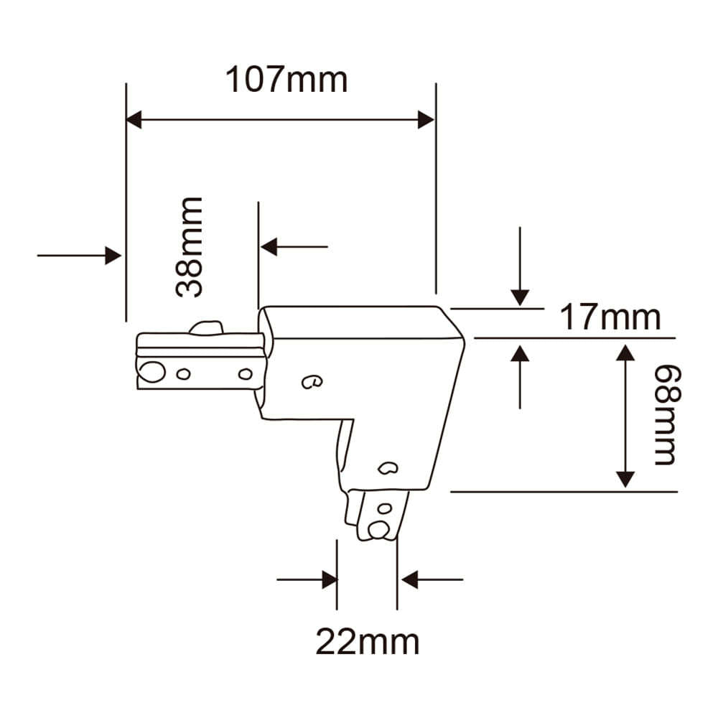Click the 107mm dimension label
(x=286, y=80)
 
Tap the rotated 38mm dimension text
(x=190, y=247)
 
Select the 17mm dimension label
(x=610, y=317)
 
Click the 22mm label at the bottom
(x=367, y=641)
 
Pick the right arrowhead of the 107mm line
(x=426, y=120)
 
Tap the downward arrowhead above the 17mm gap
(x=520, y=297)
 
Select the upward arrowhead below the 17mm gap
(x=520, y=353)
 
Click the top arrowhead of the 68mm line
(x=626, y=353)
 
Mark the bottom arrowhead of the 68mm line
(x=626, y=479)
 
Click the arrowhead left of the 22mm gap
(x=330, y=579)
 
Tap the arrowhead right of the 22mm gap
(x=409, y=579)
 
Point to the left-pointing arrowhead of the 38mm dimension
(x=269, y=247)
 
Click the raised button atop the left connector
(x=206, y=329)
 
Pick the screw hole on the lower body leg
(x=388, y=469)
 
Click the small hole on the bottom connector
(x=385, y=509)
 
